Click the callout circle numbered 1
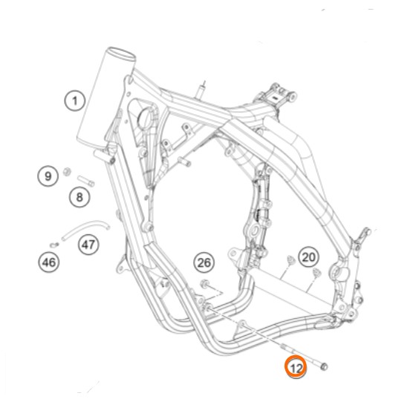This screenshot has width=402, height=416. pyautogui.click(x=75, y=101)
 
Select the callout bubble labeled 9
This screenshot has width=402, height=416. pyautogui.click(x=48, y=176)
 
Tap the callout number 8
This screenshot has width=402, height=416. pyautogui.click(x=80, y=197)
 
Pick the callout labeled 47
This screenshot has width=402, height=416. pyautogui.click(x=88, y=245)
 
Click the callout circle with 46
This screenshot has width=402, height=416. pyautogui.click(x=49, y=263)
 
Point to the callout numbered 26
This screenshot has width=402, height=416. pyautogui.click(x=204, y=263)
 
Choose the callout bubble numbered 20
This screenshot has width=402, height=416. pyautogui.click(x=308, y=257)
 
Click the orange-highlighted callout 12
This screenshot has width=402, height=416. pyautogui.click(x=296, y=368)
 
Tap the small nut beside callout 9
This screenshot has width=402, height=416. pyautogui.click(x=67, y=172)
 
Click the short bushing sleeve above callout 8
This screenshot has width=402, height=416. pyautogui.click(x=86, y=181)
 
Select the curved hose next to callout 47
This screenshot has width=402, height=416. pyautogui.click(x=85, y=228)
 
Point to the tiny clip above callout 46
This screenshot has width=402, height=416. pyautogui.click(x=54, y=245)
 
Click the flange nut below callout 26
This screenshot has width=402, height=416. pyautogui.click(x=204, y=284)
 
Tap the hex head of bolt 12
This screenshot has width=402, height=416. pyautogui.click(x=324, y=366)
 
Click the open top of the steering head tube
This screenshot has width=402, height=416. pyautogui.click(x=121, y=53)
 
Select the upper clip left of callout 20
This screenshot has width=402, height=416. pyautogui.click(x=291, y=260)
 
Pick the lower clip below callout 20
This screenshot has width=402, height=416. pyautogui.click(x=317, y=272)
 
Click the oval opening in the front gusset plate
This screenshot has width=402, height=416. pyautogui.click(x=146, y=119)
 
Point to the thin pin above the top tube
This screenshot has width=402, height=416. pyautogui.click(x=201, y=90)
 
